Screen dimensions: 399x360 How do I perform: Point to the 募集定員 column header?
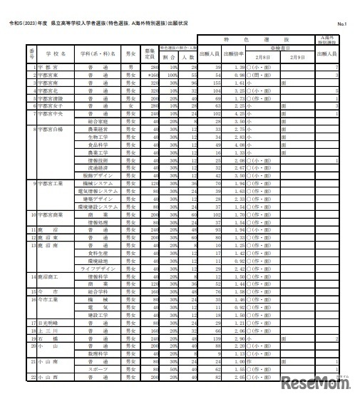pyautogui.click(x=149, y=53)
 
